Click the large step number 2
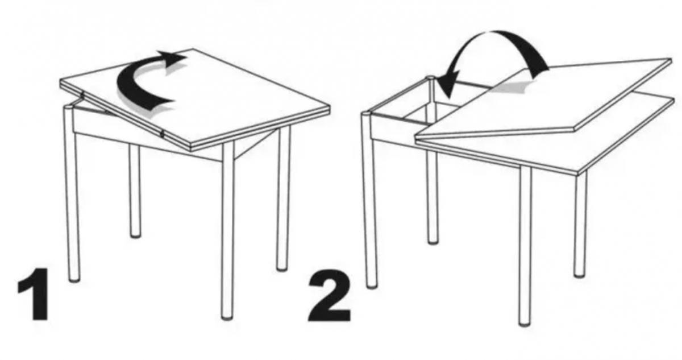330,296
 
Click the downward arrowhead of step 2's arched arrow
448,87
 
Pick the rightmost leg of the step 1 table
283,198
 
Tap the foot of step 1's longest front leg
227,316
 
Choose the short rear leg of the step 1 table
135,191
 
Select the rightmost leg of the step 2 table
580,224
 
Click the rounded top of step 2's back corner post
430,78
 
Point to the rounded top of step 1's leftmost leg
68,107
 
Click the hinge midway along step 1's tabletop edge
162,134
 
